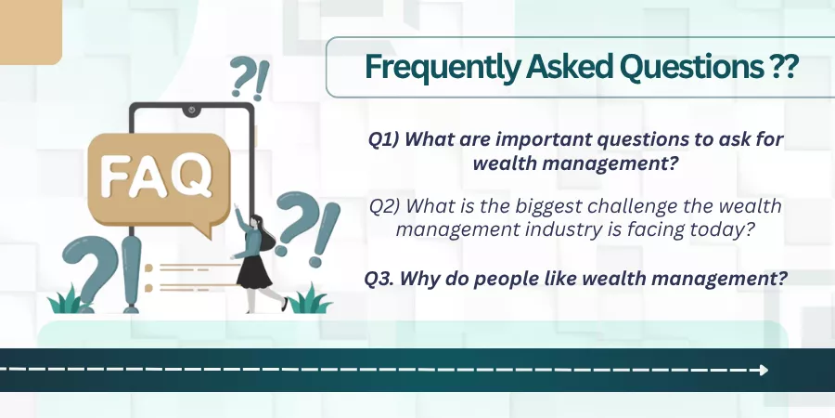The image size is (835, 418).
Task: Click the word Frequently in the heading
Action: point(443,68)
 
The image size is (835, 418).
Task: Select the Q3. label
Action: point(379,279)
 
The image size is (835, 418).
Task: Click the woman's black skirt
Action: point(254,271)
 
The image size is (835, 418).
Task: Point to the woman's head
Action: point(256,221)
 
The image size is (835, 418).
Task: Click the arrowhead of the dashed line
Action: point(764,370)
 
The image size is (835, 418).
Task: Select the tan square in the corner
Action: point(31,32)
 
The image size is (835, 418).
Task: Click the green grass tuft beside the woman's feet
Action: point(311,300)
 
